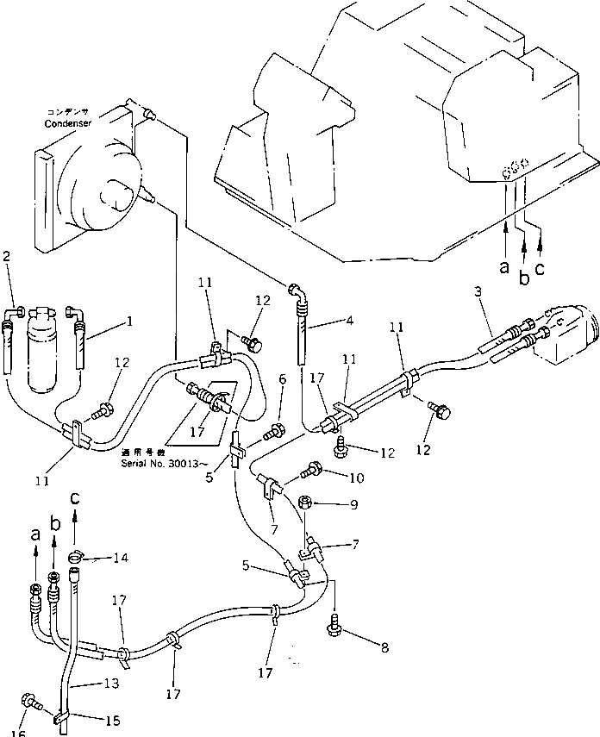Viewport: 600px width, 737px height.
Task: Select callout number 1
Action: coord(129,322)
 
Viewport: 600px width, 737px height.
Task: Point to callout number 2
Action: coord(7,256)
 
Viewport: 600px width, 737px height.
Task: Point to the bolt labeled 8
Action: coord(335,630)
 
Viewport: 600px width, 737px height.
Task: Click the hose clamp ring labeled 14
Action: coord(74,556)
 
